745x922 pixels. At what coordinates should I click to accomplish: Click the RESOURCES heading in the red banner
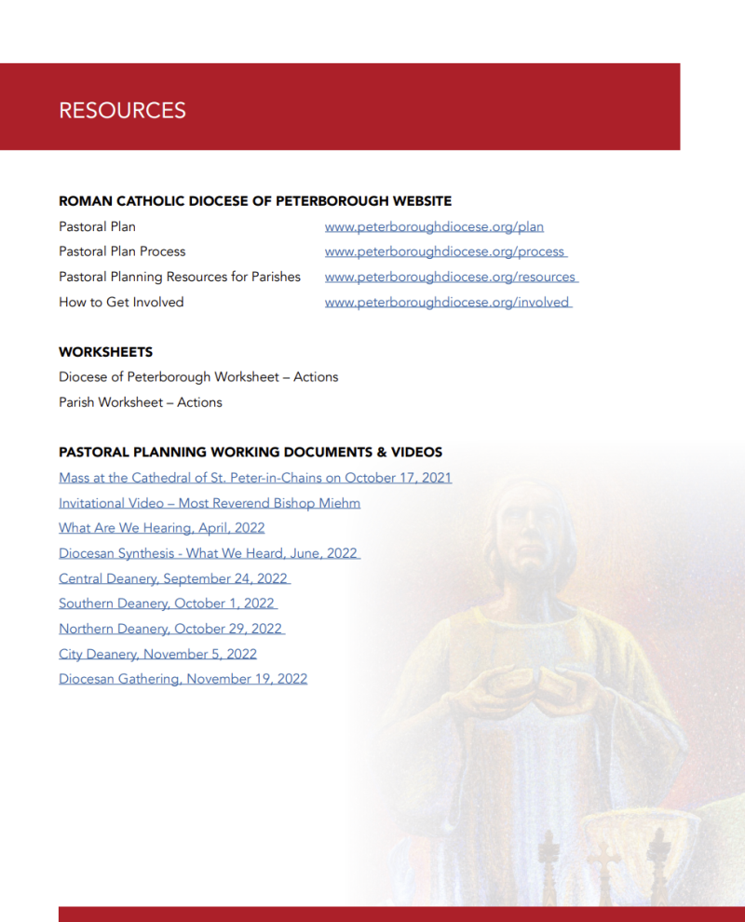(x=122, y=110)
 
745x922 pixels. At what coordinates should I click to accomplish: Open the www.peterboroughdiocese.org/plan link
(x=434, y=226)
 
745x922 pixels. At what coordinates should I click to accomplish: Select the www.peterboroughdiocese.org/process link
(x=444, y=251)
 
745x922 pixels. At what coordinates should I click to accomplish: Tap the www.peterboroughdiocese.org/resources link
(x=450, y=277)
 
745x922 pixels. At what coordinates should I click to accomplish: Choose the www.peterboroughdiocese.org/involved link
(x=447, y=302)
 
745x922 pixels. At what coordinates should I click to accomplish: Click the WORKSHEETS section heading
(x=105, y=352)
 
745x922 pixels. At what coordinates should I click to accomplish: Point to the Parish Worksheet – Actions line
(x=140, y=402)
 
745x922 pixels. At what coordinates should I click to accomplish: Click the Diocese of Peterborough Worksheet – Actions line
(x=198, y=377)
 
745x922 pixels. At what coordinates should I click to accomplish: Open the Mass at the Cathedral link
(x=255, y=478)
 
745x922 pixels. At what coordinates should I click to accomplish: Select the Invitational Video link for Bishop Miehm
(x=210, y=503)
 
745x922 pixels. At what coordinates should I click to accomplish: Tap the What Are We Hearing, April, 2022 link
(x=161, y=528)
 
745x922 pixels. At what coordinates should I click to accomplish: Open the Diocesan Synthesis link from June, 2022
(x=208, y=553)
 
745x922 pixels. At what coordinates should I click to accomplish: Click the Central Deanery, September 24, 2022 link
(x=173, y=578)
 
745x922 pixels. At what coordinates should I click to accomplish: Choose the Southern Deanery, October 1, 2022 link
(x=167, y=603)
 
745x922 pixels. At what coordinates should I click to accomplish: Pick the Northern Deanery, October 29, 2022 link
(x=170, y=629)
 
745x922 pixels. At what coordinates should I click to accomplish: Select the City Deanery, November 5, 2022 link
(x=157, y=654)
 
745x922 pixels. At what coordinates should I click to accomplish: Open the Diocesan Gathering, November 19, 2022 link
(x=183, y=679)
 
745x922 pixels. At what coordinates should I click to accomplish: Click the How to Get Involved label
(x=121, y=302)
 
